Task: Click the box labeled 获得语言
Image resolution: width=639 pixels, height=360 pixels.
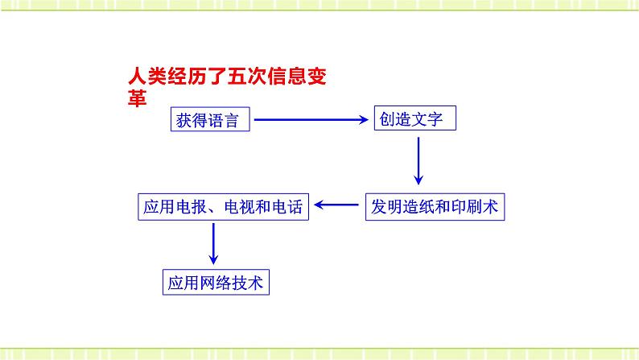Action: [x=211, y=121]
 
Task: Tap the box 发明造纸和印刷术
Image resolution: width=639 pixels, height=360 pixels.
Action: [x=435, y=207]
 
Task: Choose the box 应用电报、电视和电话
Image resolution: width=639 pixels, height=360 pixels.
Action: [x=222, y=207]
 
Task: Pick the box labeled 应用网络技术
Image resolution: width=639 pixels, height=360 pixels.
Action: [x=215, y=283]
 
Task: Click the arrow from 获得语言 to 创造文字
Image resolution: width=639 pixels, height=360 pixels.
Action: [x=311, y=121]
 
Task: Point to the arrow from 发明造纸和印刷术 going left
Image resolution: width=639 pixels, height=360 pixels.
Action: [x=337, y=207]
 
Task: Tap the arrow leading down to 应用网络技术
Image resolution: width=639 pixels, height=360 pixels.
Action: [x=214, y=243]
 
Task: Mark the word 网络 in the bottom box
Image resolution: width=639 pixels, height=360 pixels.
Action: [x=215, y=283]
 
